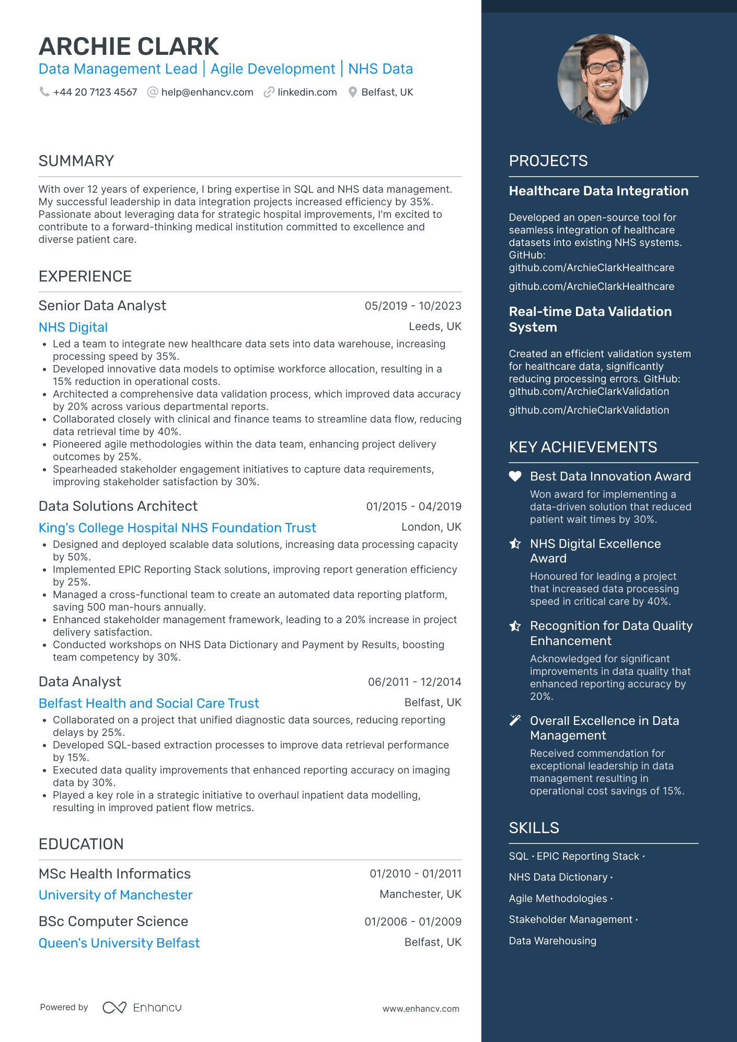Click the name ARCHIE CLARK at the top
click(129, 46)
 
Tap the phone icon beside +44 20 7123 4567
click(44, 92)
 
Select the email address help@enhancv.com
click(207, 92)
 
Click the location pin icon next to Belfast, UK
click(353, 92)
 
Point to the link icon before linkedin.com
click(269, 92)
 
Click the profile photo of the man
click(603, 79)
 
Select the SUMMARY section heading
click(76, 161)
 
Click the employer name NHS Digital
click(73, 327)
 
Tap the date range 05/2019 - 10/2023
click(413, 306)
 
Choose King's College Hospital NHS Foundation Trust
click(177, 528)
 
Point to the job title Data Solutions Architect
click(118, 506)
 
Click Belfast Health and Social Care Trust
click(149, 704)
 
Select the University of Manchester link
click(116, 895)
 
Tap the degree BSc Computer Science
click(113, 921)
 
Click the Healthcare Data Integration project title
click(598, 191)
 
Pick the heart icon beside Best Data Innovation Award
click(515, 476)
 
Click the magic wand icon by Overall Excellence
click(515, 721)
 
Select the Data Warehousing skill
click(552, 941)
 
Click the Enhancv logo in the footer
click(142, 1008)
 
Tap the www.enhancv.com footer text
click(421, 1009)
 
